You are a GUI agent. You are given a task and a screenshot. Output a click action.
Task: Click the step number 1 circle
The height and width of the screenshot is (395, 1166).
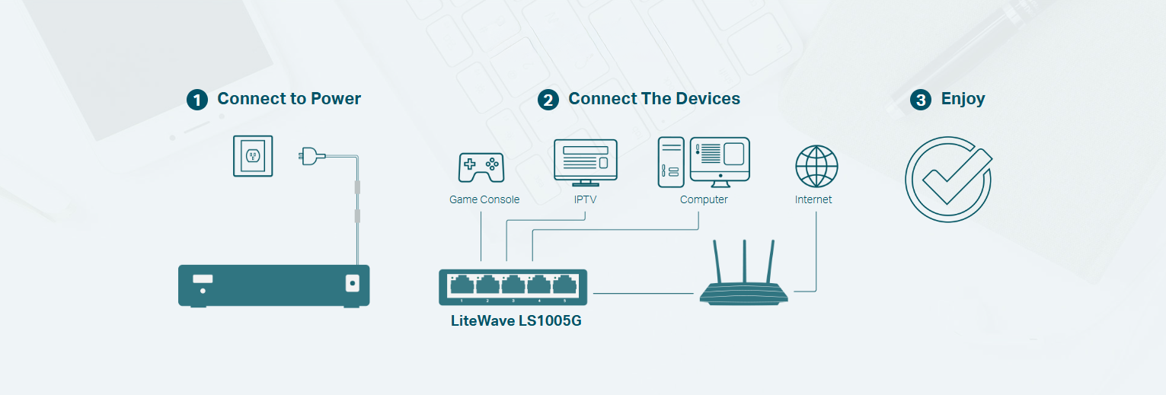(x=197, y=100)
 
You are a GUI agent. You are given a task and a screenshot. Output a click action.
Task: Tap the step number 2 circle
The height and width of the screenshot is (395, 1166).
(x=548, y=100)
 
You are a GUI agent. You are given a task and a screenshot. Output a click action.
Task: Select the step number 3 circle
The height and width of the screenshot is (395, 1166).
(x=921, y=100)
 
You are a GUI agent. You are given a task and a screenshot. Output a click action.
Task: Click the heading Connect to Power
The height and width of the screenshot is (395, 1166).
(x=289, y=99)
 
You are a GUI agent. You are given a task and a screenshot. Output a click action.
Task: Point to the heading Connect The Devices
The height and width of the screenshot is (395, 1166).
(x=654, y=99)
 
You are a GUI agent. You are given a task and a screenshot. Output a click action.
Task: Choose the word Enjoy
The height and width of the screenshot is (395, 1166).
(x=963, y=99)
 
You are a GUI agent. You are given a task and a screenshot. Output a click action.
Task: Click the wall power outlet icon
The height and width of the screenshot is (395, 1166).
(x=252, y=157)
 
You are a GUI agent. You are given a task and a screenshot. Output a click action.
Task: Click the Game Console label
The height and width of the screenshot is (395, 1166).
(x=484, y=200)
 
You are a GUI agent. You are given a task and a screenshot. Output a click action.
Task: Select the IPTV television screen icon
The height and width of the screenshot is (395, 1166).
(x=585, y=162)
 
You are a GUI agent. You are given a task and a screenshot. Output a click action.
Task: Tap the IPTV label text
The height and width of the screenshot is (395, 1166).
(x=585, y=200)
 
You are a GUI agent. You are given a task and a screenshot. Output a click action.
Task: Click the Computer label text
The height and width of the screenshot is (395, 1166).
(x=704, y=200)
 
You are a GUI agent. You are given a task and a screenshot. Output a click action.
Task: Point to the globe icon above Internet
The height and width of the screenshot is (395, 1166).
(x=816, y=167)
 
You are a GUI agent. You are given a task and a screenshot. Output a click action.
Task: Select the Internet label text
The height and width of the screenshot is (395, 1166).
(x=813, y=200)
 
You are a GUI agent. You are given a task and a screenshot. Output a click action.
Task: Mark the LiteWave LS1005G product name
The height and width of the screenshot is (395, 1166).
(x=516, y=320)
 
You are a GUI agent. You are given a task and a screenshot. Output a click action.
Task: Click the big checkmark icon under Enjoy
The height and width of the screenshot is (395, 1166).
(x=948, y=180)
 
